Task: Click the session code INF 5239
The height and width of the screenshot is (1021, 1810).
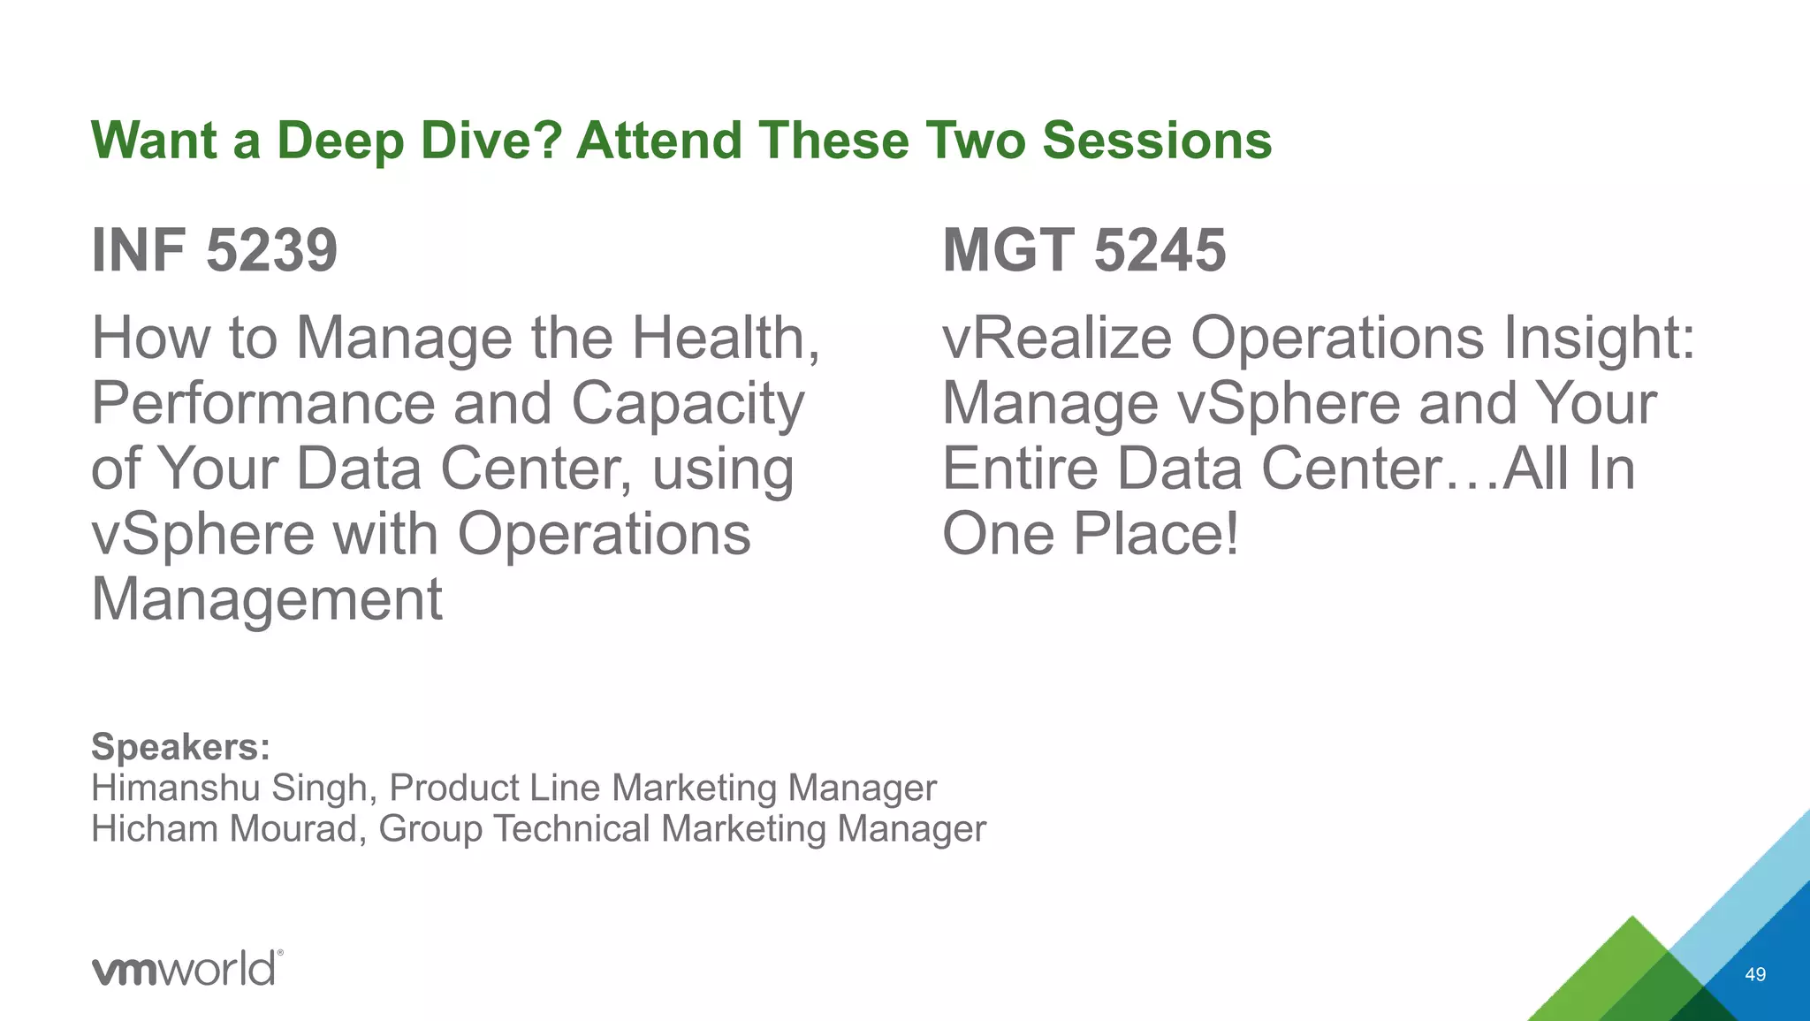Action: coord(215,250)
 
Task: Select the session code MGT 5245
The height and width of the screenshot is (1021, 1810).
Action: coord(1084,250)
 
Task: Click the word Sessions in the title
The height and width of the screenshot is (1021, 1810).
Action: coord(1157,141)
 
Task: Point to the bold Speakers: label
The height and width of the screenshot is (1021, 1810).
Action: coord(181,747)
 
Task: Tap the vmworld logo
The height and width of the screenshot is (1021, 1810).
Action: coord(187,969)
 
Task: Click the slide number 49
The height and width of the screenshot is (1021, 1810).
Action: coord(1755,974)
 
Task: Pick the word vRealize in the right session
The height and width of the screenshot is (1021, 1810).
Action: coord(1057,338)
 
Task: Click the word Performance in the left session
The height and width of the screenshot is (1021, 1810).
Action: coord(263,403)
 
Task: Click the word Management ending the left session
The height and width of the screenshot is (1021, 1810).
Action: coord(267,599)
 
